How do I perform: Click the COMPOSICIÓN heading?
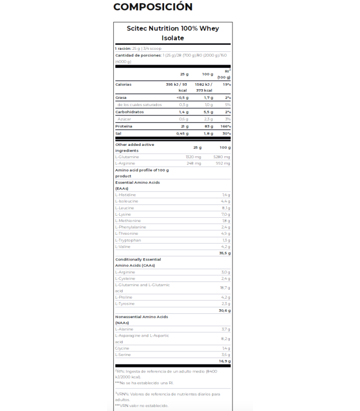point(153,7)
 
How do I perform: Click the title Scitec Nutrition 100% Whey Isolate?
point(173,33)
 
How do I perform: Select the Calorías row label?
point(123,84)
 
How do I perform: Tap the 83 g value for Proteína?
point(208,126)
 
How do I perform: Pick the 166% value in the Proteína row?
point(226,126)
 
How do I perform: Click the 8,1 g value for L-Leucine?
point(226,208)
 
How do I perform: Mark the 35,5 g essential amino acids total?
point(225,253)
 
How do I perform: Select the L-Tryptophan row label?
point(128,240)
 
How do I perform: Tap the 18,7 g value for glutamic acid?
point(225,288)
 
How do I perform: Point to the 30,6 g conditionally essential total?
point(225,310)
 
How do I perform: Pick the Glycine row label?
point(122,348)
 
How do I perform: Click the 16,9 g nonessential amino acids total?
point(225,361)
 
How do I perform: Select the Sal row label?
point(118,134)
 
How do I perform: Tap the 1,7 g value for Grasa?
point(208,98)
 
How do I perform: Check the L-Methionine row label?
point(129,220)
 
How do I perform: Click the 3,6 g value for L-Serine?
point(226,354)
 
